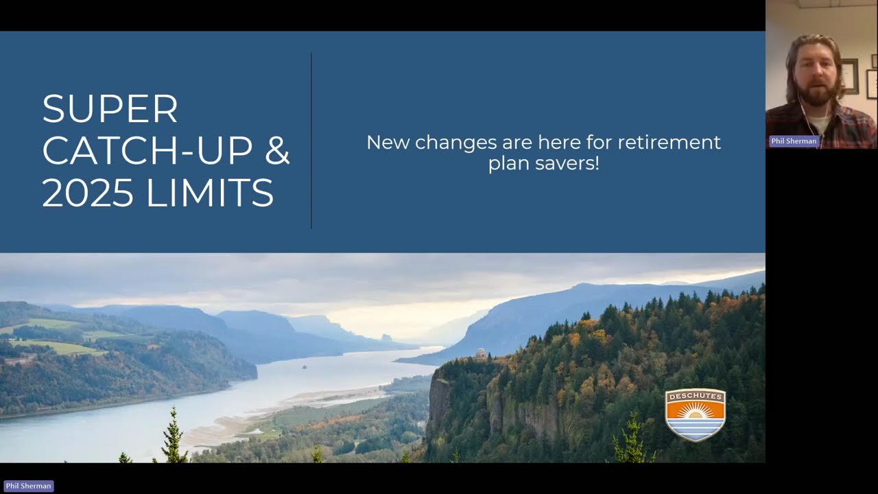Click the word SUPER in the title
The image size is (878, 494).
click(110, 109)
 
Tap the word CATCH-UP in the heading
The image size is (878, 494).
click(147, 151)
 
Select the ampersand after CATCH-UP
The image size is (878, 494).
click(278, 151)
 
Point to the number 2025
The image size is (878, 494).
click(88, 193)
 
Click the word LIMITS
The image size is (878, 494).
click(210, 193)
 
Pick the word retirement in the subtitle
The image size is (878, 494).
click(669, 143)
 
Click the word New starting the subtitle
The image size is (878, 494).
click(388, 143)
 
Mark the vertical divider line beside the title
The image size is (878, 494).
click(311, 141)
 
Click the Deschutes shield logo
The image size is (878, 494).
click(695, 415)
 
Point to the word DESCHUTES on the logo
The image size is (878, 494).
click(695, 397)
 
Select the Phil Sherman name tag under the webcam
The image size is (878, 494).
click(794, 141)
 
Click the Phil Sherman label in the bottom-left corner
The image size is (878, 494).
click(28, 486)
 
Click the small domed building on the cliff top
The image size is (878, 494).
click(480, 353)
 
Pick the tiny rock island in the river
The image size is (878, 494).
click(304, 366)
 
